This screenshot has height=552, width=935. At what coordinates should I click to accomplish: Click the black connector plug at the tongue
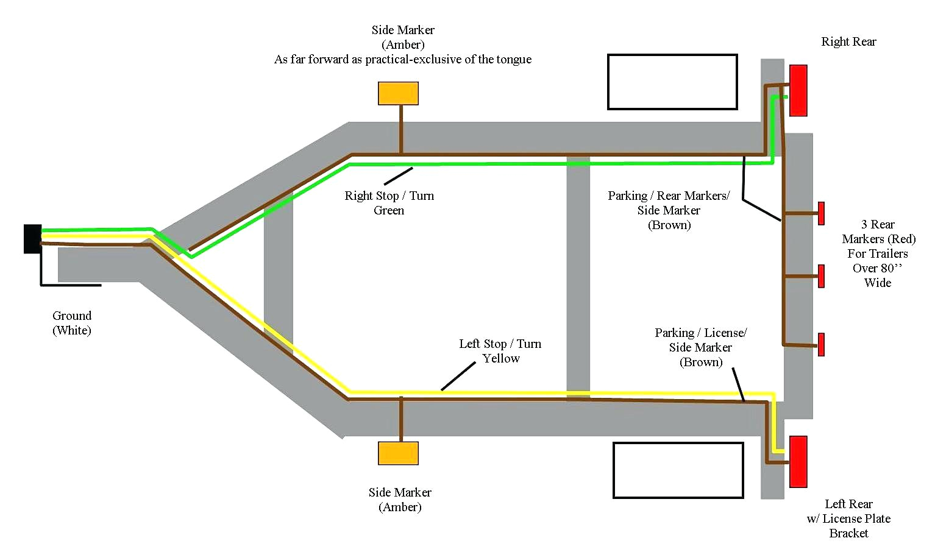[x=32, y=238]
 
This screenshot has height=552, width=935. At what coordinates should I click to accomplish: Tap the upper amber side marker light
[x=398, y=93]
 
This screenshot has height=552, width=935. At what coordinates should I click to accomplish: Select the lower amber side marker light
[x=398, y=453]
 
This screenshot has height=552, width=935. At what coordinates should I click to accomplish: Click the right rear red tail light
[x=798, y=90]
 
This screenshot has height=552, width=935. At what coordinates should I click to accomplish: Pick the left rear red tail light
[x=798, y=461]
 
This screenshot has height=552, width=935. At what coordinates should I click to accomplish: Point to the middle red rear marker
[x=822, y=276]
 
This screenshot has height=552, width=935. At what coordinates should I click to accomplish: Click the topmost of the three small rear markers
[x=822, y=213]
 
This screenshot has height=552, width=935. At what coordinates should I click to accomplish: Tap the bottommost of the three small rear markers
[x=822, y=344]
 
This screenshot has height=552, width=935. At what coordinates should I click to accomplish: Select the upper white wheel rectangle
[x=672, y=82]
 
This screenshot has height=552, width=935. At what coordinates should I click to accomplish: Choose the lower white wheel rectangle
[x=678, y=470]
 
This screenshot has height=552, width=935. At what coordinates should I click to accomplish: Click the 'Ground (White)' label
[x=72, y=323]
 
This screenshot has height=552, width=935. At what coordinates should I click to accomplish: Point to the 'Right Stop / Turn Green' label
[x=389, y=203]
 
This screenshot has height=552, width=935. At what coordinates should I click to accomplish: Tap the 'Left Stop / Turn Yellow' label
[x=500, y=351]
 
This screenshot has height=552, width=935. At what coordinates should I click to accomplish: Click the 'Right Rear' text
[x=848, y=41]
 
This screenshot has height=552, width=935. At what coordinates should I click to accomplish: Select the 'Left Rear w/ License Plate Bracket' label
[x=848, y=518]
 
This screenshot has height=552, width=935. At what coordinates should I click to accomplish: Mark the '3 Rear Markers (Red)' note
[x=878, y=253]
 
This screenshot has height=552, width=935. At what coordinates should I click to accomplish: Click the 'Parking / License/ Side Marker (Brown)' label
[x=701, y=347]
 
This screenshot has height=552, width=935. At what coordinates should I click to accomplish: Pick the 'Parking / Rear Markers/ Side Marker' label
[x=669, y=210]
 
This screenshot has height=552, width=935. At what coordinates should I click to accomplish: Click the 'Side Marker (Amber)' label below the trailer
[x=400, y=500]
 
